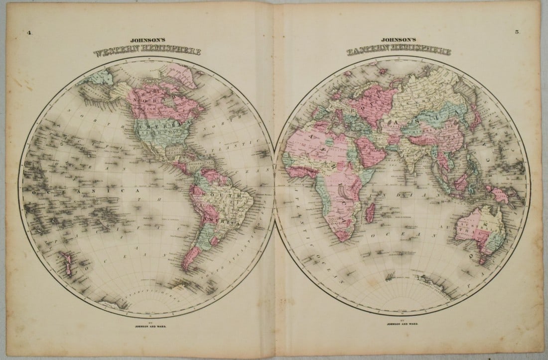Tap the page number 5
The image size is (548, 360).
click(517, 32)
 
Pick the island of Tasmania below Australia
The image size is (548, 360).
click(482, 259)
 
